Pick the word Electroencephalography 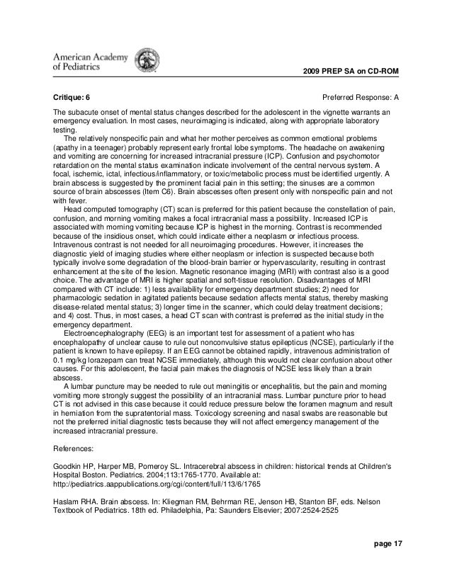coord(101,331)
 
